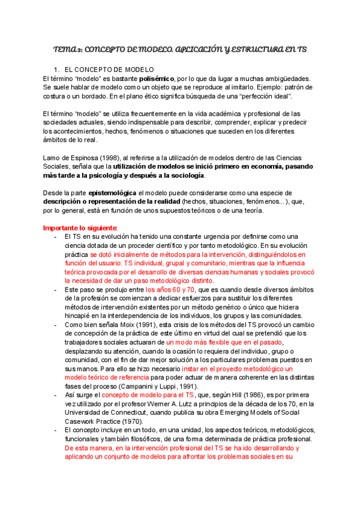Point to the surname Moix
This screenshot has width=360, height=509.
click(x=136, y=325)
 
